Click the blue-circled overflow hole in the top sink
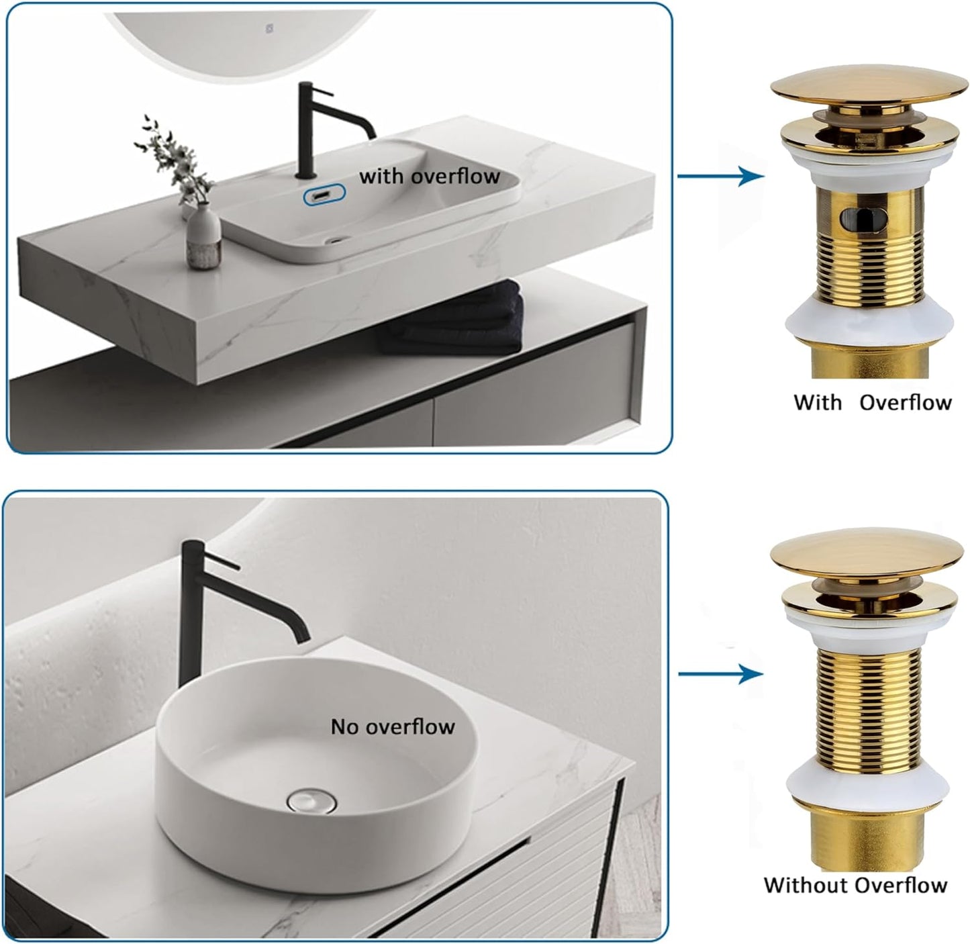[x=324, y=195]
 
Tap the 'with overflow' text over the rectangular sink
[x=430, y=177]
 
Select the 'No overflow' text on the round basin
[x=393, y=726]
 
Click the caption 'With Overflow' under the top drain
[x=872, y=403]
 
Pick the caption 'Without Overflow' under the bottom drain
[x=855, y=885]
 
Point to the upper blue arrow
[x=722, y=177]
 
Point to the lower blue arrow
[x=722, y=674]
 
